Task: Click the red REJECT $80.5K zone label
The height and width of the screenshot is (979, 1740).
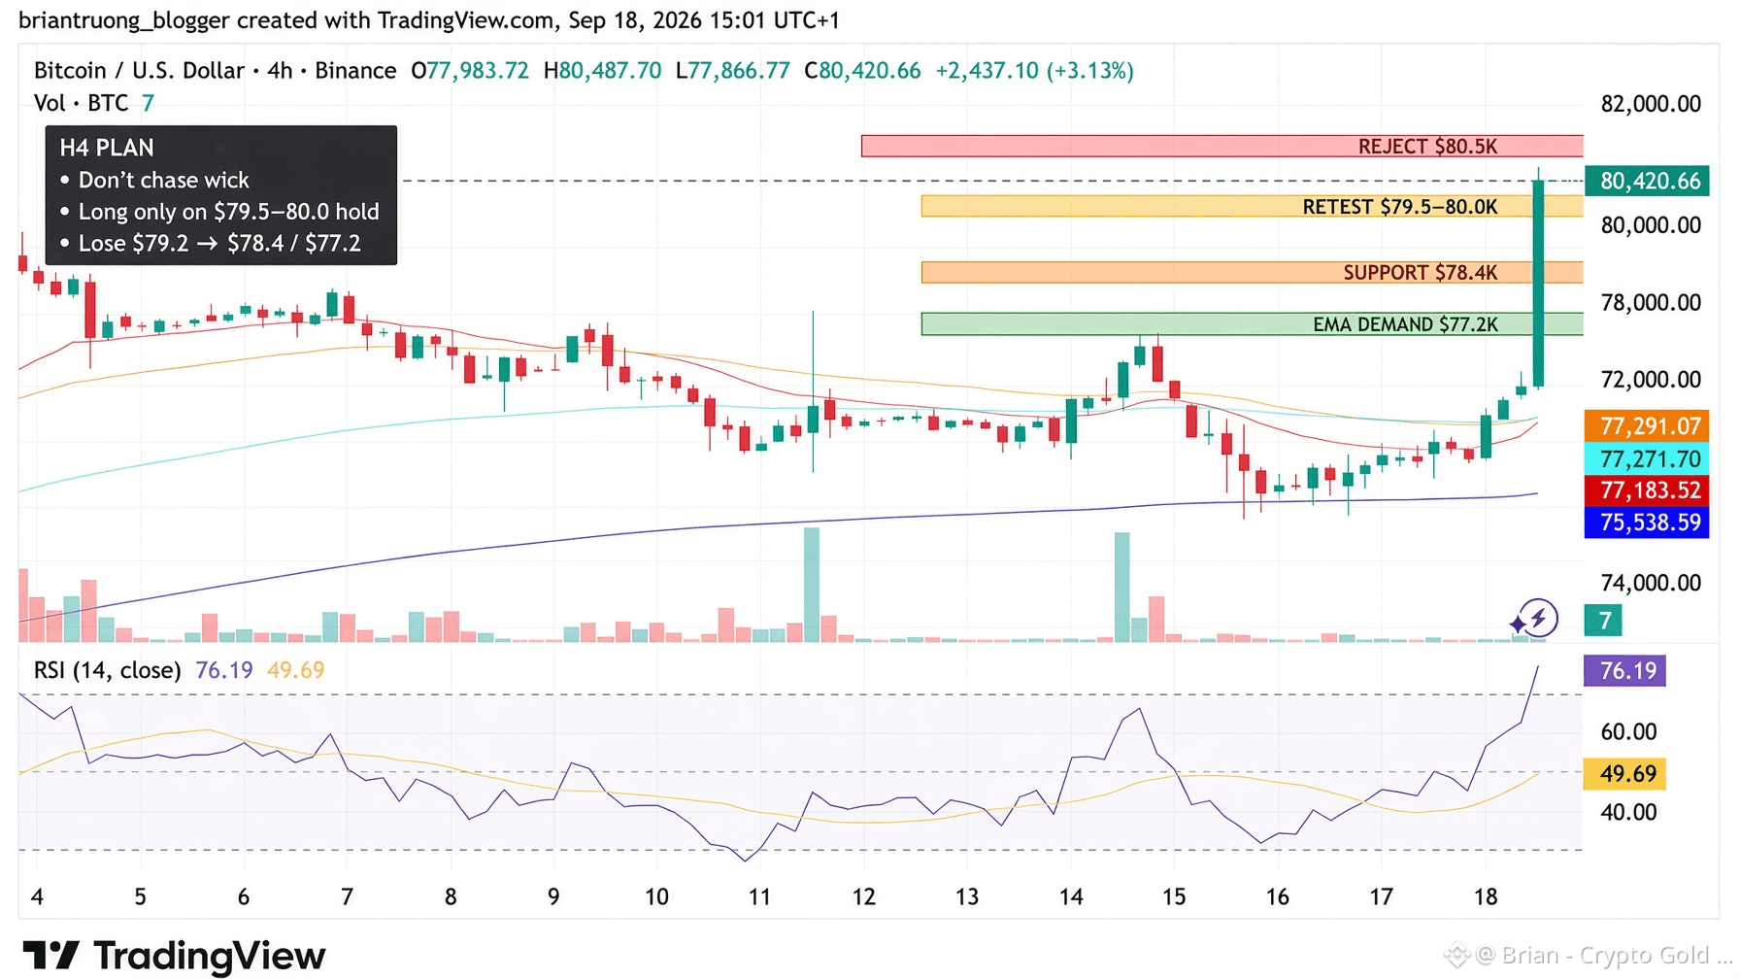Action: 1427,147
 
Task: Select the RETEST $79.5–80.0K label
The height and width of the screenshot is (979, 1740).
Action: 1399,207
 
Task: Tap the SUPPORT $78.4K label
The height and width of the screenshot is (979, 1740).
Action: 1420,273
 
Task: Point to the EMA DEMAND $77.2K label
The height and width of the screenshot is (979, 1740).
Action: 1405,324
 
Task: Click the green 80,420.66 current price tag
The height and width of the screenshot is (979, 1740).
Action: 1647,181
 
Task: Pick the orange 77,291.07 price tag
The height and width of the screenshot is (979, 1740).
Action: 1647,426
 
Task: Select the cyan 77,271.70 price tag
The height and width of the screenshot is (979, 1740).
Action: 1647,458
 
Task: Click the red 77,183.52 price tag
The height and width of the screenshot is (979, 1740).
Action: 1647,490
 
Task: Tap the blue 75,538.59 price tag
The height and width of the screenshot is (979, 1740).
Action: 1647,523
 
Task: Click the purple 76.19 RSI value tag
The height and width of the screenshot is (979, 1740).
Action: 1624,671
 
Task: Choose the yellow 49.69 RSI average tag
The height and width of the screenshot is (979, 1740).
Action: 1624,774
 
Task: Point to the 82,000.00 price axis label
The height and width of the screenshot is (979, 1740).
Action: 1651,104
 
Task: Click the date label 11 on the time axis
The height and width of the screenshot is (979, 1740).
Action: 759,897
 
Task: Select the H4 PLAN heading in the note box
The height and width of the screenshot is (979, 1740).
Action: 107,148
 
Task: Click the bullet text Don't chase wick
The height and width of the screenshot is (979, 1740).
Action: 163,180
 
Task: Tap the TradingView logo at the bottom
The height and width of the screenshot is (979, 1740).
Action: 174,956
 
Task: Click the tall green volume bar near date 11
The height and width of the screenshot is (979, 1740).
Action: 812,585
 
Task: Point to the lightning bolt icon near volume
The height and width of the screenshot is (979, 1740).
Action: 1538,618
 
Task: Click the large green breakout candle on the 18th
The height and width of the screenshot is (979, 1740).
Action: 1538,283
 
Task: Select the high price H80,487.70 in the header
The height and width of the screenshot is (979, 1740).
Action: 602,71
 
